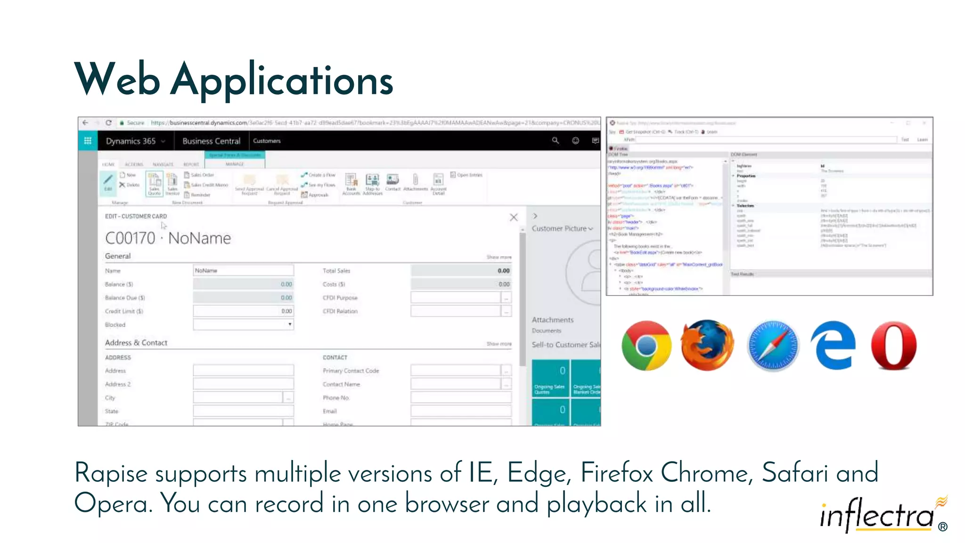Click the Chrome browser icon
[646, 346]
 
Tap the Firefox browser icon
[707, 346]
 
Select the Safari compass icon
[772, 346]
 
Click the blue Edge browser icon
[833, 346]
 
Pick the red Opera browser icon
[894, 346]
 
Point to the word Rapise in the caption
[111, 473]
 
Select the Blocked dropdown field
[243, 324]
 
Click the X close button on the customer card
[514, 217]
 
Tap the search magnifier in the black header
[556, 140]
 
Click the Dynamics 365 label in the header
[131, 141]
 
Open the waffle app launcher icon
[88, 140]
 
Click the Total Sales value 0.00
[503, 271]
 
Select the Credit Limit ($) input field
[243, 311]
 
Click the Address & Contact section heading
[136, 343]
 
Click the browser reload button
[108, 123]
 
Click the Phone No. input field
[460, 398]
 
